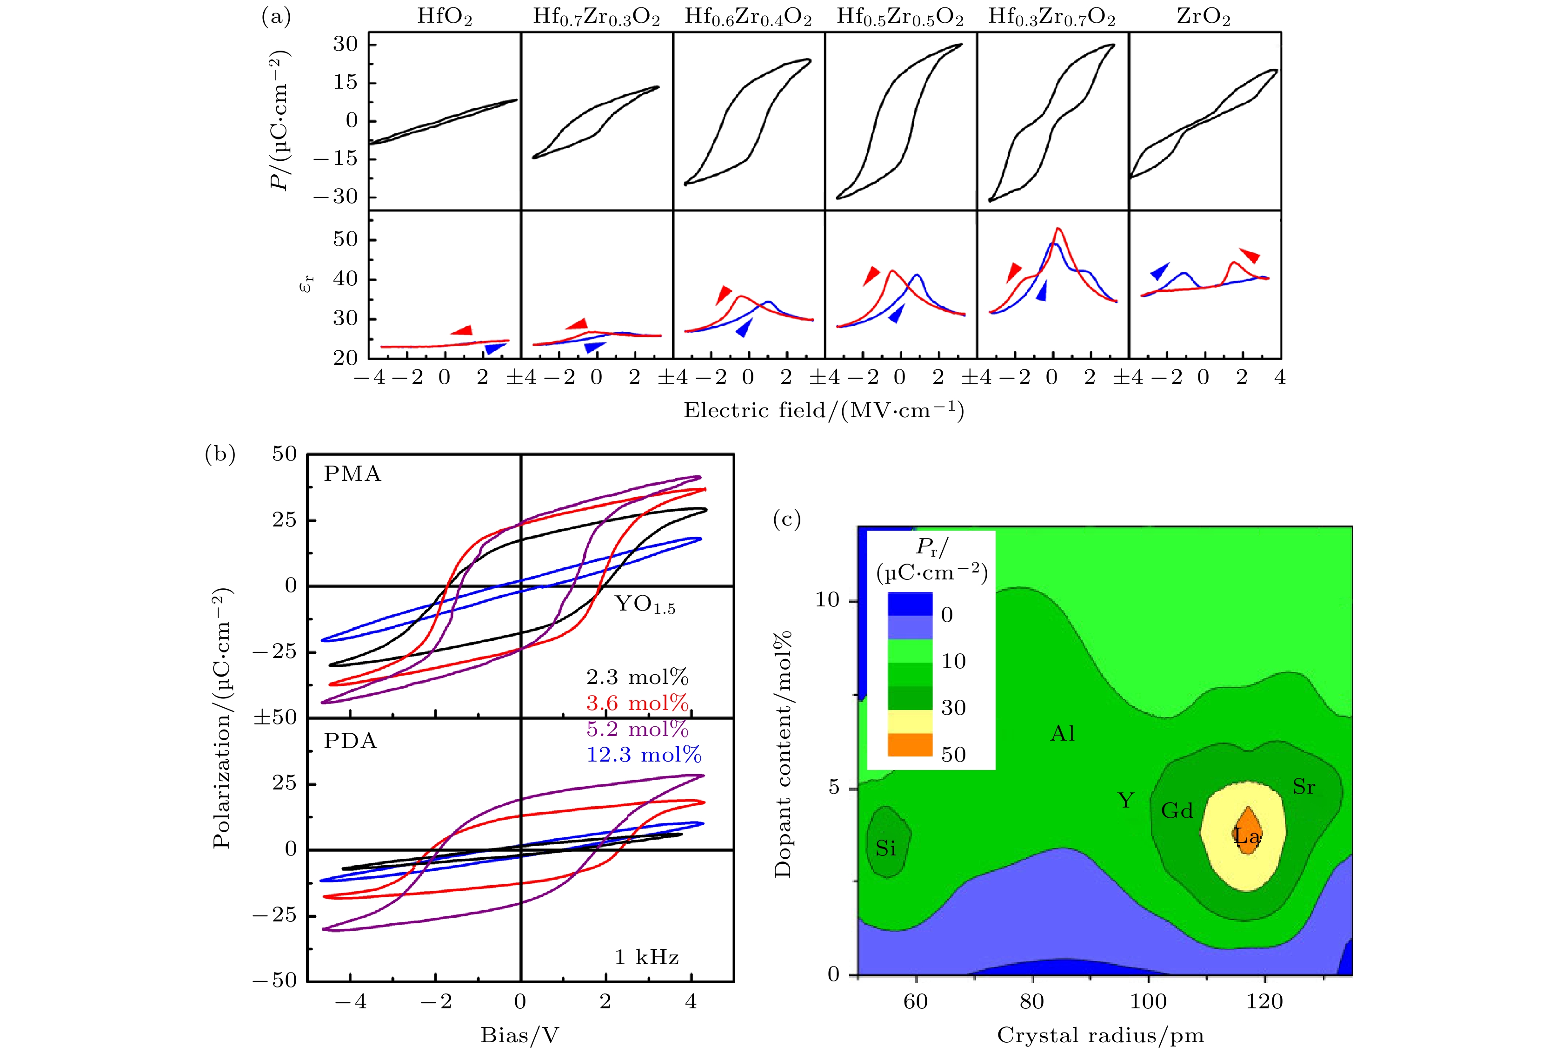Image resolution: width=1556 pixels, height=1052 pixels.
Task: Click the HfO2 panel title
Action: coord(445,17)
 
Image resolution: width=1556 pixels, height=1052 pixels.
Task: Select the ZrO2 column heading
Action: coord(1203,17)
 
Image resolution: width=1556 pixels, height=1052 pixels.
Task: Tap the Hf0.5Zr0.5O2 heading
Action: coord(900,17)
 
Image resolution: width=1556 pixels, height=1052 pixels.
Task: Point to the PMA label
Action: coord(352,474)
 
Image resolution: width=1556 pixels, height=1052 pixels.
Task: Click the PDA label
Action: coord(350,741)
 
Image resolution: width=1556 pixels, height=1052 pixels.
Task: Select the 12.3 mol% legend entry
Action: coord(644,755)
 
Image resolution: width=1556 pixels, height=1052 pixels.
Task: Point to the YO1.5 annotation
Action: coord(645,605)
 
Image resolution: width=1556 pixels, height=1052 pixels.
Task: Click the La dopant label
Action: coord(1247,836)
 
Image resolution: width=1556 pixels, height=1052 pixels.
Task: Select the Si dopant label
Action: coord(886,848)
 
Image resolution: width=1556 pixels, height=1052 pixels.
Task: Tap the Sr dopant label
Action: coord(1303,787)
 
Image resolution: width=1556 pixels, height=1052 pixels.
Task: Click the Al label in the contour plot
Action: coord(1063,734)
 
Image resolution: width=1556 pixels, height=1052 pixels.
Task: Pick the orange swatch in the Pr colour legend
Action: coord(910,745)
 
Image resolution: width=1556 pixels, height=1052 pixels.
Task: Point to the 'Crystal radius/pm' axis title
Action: coord(1100,1035)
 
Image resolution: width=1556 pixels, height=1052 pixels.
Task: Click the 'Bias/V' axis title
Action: coord(519,1035)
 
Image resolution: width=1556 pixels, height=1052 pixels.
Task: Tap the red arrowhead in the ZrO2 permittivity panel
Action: coord(1250,255)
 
